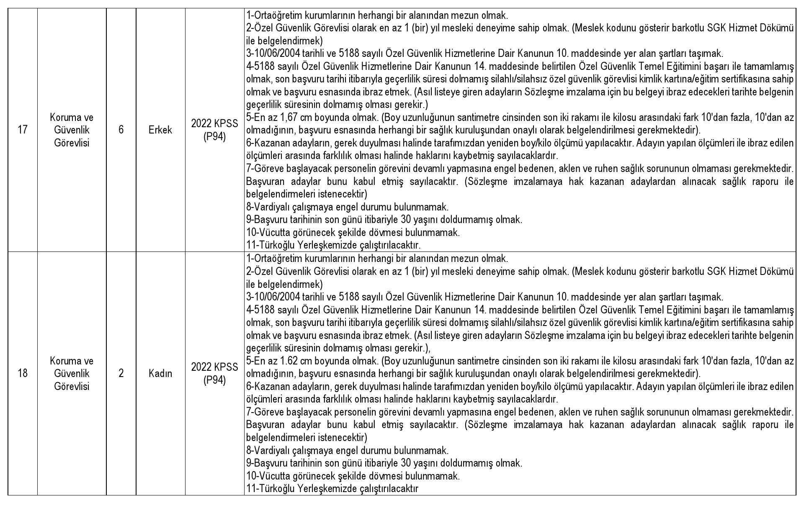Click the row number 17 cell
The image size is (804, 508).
(23, 130)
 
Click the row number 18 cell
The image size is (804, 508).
(23, 373)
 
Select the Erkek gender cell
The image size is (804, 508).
(160, 130)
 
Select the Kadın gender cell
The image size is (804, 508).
(160, 373)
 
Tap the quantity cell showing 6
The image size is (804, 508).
(121, 130)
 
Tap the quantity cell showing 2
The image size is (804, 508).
(121, 373)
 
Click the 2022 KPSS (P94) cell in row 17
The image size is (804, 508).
(214, 130)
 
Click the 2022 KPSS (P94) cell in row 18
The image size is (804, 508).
(214, 373)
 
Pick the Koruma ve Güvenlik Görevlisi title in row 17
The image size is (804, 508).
(72, 130)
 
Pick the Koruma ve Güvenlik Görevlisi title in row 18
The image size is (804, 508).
(72, 373)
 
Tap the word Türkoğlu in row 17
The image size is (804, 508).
(276, 245)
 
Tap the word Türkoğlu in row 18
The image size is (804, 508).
(276, 488)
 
